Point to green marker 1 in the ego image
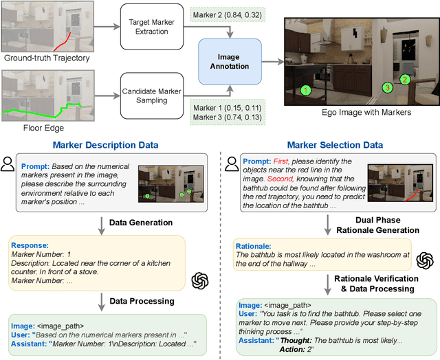(307, 89)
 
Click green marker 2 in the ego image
(405, 80)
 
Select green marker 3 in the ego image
(387, 87)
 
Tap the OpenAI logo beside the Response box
(200, 280)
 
